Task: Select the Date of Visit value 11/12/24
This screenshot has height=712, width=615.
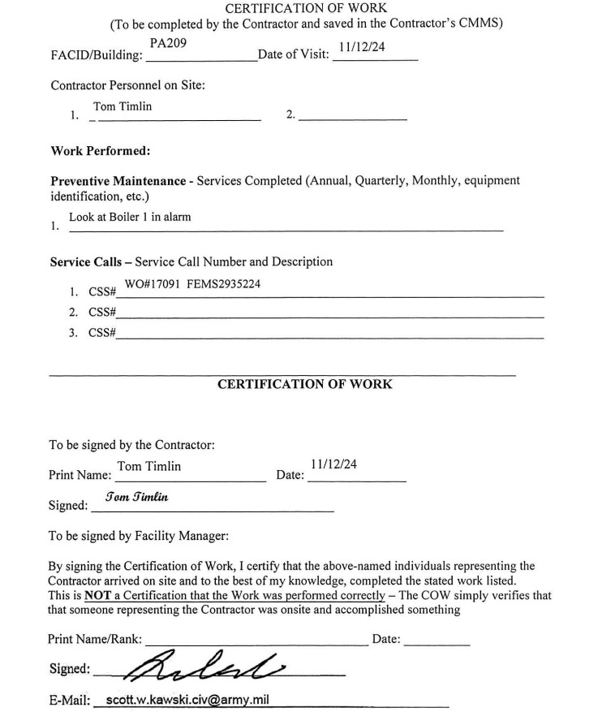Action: point(363,47)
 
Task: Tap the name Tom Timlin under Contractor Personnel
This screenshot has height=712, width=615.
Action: point(123,106)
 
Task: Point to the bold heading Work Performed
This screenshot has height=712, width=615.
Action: point(101,151)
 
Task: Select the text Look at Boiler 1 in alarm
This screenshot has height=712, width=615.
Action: point(130,217)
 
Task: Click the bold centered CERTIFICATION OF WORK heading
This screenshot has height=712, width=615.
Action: point(304,384)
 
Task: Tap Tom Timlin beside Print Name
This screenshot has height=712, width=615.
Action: point(149,466)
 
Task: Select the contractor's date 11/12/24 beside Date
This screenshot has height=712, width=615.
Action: point(333,464)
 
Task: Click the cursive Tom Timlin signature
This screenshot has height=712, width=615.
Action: point(136,497)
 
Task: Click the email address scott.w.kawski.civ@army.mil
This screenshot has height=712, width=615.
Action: point(187,699)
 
